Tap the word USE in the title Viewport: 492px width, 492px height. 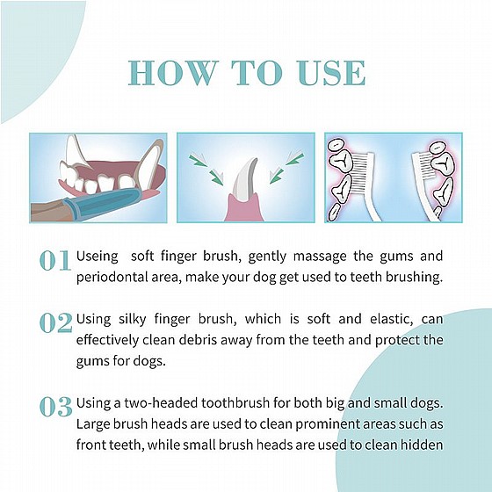click(332, 73)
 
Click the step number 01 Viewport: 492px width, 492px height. click(54, 260)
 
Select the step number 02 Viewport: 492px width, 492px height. click(56, 323)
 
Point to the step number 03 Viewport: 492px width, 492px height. click(56, 407)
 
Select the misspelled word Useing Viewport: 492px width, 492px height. click(98, 257)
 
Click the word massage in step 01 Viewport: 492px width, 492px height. click(320, 257)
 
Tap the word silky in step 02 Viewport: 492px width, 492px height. click(132, 320)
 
